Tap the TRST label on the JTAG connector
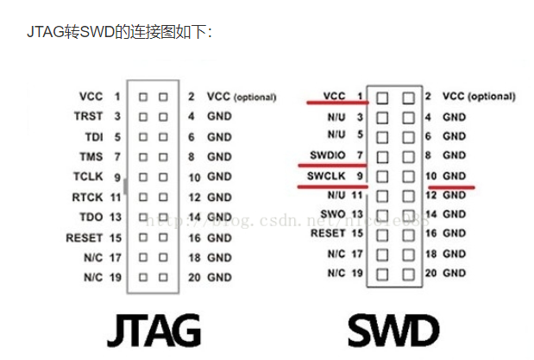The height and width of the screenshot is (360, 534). point(89,115)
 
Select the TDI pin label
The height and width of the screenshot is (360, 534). point(93,136)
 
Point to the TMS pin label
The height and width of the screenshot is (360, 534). point(92,156)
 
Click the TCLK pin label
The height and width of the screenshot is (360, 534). point(88,176)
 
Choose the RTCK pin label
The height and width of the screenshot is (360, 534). point(88,197)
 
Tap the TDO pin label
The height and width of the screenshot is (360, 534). point(92,217)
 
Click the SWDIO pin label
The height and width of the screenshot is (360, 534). point(328,155)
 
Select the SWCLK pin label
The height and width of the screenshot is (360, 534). point(327,176)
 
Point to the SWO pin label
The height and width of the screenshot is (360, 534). point(335,213)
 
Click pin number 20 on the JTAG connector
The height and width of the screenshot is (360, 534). point(193,278)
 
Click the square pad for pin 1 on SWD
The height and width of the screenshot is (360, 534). point(382,97)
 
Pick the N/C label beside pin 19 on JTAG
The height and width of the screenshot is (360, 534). point(92,278)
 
